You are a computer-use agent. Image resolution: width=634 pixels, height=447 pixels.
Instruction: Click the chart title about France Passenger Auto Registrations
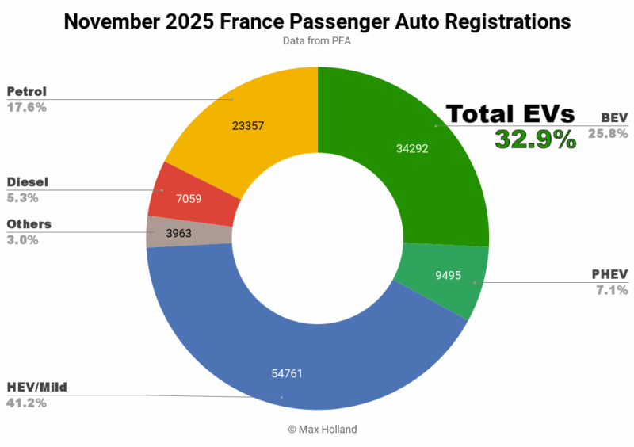click(x=317, y=21)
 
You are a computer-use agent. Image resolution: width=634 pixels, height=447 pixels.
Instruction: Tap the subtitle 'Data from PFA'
click(x=317, y=40)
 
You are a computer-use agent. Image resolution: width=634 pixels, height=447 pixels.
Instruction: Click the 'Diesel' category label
click(x=26, y=182)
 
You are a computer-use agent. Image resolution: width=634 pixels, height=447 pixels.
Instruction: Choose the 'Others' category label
click(x=29, y=224)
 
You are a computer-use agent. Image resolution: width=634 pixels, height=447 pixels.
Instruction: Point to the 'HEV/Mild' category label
click(x=36, y=388)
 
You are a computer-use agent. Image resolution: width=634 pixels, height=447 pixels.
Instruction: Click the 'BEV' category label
click(x=613, y=117)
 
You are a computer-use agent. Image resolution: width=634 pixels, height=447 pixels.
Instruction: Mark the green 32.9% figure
click(x=535, y=139)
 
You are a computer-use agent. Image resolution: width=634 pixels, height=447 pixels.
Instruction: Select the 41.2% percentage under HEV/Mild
click(x=26, y=403)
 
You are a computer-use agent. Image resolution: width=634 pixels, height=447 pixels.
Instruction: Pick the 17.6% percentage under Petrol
click(x=26, y=107)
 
